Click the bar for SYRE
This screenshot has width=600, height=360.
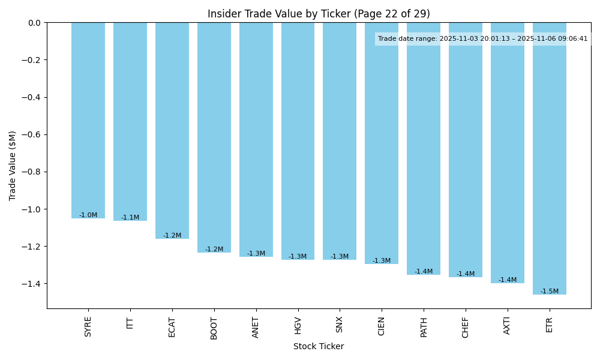pos(88,120)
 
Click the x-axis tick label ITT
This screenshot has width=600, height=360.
pos(130,324)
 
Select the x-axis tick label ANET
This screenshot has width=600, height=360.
pos(256,328)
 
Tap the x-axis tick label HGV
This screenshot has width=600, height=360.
pos(298,326)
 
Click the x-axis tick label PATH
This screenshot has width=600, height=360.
pos(424,328)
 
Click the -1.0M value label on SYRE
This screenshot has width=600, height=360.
pos(88,215)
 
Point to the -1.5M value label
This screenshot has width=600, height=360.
pos(549,292)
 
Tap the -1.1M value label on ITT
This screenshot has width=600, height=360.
pos(130,218)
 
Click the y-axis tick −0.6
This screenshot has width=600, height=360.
pos(31,134)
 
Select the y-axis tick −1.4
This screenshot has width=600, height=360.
pos(31,284)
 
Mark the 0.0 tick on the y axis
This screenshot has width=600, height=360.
pos(35,23)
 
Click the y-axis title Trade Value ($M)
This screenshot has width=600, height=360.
pos(13,166)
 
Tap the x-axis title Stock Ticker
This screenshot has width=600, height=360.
pos(319,346)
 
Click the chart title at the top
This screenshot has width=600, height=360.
pos(319,14)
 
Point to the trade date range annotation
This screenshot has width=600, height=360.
pos(483,39)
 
